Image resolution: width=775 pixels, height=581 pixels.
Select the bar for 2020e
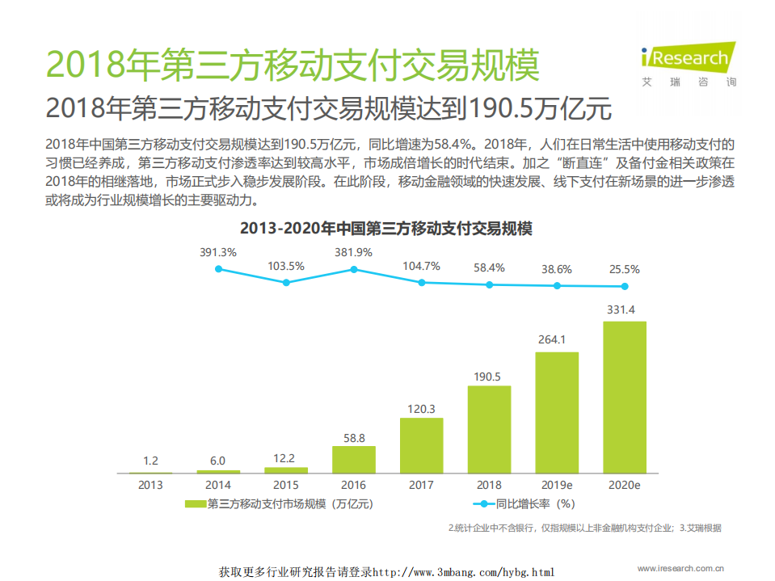point(625,397)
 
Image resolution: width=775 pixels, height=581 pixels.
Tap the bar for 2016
point(353,459)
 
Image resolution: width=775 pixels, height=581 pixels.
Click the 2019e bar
point(557,412)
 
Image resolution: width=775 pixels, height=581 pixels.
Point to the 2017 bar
point(421,445)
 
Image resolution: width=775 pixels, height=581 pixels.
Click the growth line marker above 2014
point(218,268)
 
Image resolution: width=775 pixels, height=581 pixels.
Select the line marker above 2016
point(353,269)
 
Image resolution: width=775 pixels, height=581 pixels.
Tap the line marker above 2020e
point(625,286)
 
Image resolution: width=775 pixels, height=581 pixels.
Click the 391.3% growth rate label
point(218,252)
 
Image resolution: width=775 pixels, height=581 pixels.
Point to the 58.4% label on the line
point(489,267)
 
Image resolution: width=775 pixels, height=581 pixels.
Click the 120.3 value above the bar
point(421,408)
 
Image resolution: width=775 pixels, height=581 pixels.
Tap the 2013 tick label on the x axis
point(150,485)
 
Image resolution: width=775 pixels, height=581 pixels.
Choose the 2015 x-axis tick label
point(285,485)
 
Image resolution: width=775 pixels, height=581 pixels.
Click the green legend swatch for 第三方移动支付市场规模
point(196,503)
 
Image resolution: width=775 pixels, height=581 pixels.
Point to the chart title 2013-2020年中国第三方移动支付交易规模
point(386,229)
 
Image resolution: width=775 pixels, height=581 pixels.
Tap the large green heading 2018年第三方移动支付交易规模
point(292,65)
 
